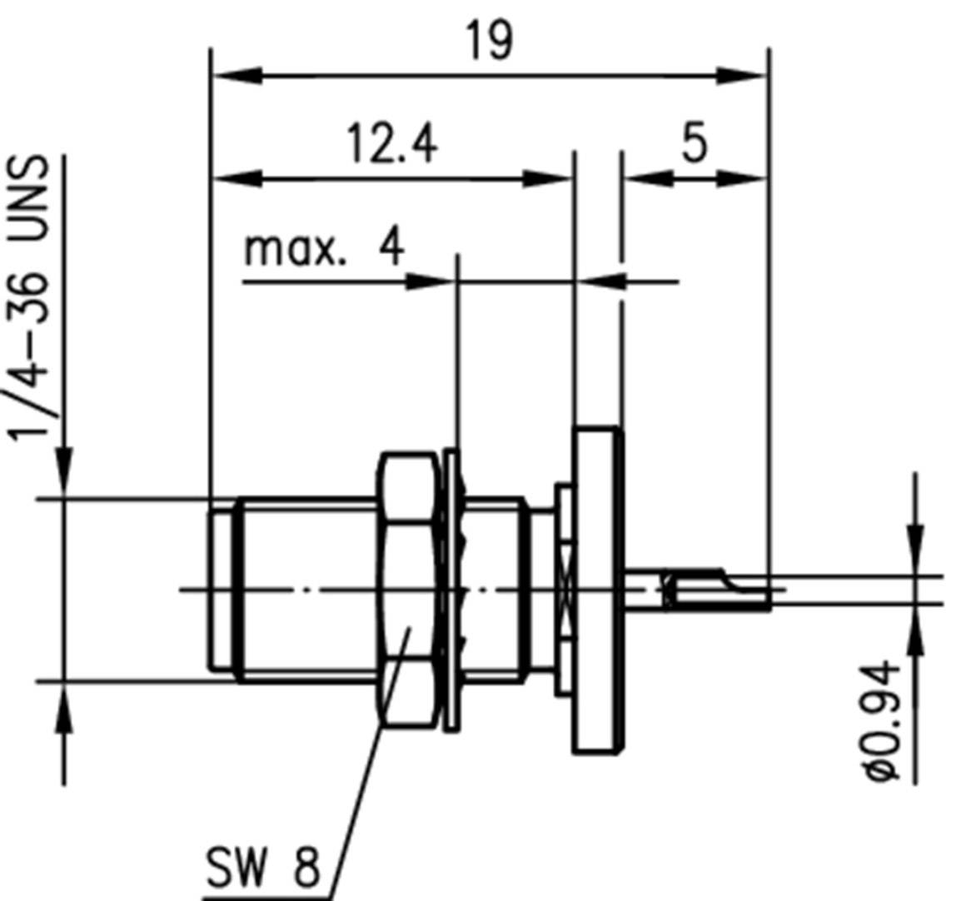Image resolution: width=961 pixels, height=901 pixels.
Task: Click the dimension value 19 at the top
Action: (x=489, y=41)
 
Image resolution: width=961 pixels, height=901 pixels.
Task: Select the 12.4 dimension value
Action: (x=391, y=145)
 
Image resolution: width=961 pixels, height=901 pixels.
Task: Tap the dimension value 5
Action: (x=694, y=143)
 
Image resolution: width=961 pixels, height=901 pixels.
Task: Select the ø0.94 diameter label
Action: (x=883, y=721)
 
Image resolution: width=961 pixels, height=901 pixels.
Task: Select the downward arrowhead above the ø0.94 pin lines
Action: (x=916, y=537)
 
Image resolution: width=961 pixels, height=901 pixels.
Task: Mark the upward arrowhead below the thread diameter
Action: (x=64, y=716)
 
